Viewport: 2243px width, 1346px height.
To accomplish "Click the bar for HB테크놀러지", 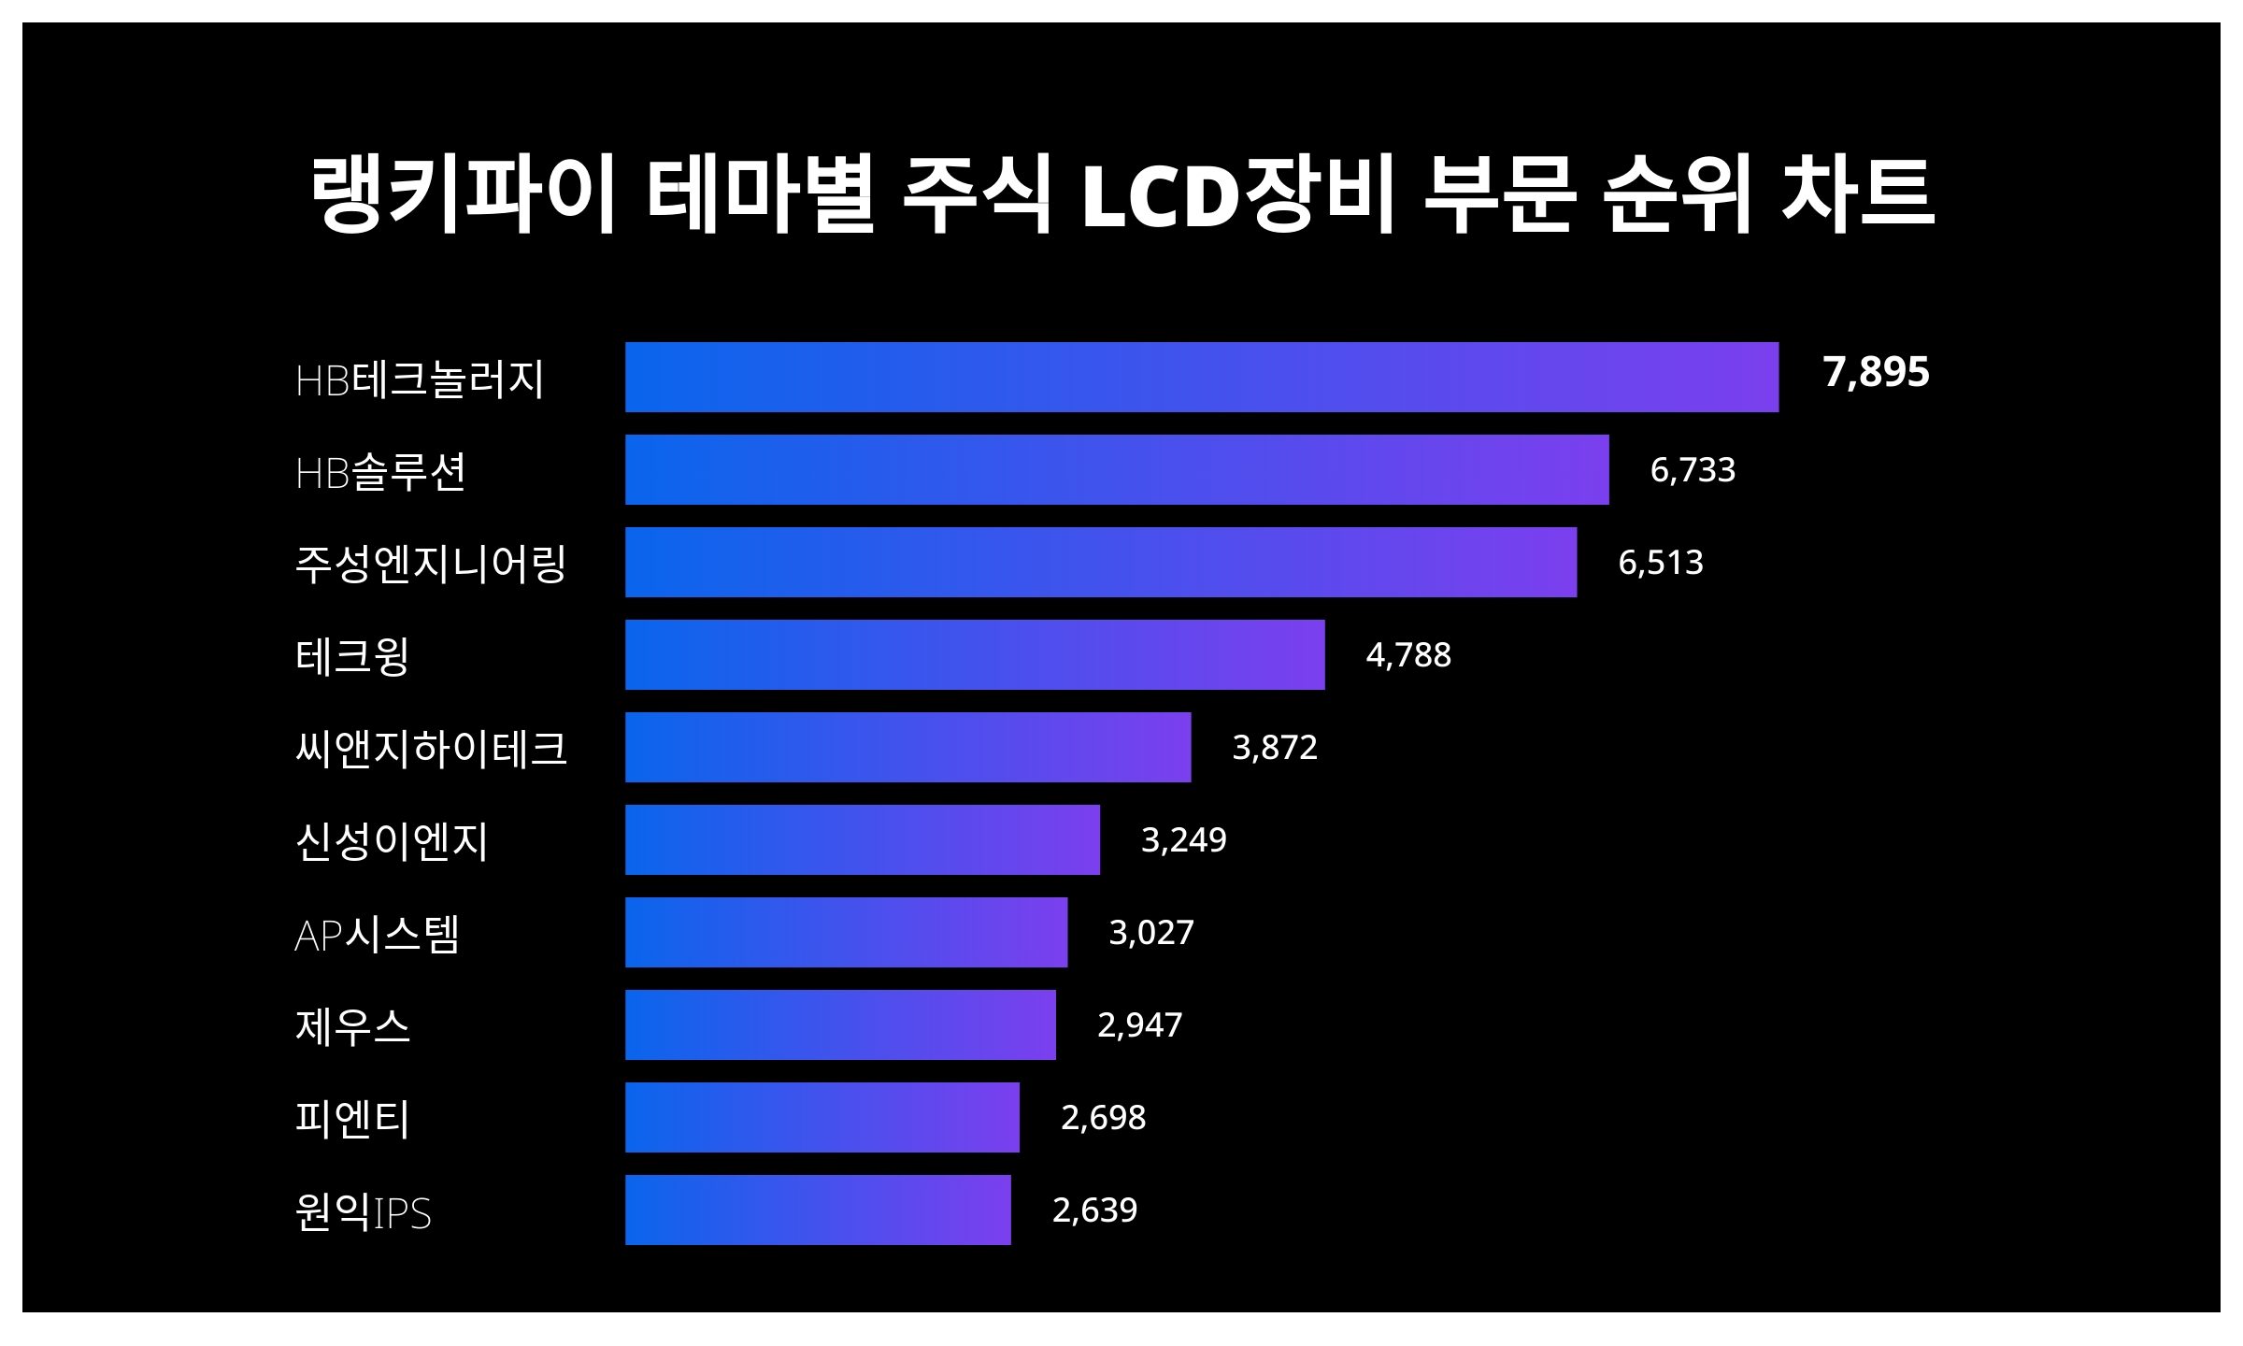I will coord(1201,377).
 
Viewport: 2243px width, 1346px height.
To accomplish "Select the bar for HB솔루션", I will coord(1117,469).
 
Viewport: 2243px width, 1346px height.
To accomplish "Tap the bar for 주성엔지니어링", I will coord(1100,562).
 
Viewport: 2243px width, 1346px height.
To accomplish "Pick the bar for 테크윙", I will coord(975,654).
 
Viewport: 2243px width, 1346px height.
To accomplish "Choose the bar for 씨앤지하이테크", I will coord(907,747).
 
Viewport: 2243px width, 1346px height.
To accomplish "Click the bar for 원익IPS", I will coord(818,1210).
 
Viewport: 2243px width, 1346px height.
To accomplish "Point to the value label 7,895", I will coord(1876,372).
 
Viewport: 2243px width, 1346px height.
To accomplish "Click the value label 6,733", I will coord(1693,469).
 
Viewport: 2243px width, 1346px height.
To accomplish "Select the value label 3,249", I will coord(1183,839).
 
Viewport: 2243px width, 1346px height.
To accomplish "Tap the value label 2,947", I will coord(1139,1024).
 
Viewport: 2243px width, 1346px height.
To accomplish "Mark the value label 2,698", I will coord(1103,1117).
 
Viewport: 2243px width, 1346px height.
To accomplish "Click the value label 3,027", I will coord(1150,932).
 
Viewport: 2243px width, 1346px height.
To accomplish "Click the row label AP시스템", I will coord(377,934).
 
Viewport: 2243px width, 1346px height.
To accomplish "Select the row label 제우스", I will coord(352,1026).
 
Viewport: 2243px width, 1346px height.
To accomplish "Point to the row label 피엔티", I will coord(352,1118).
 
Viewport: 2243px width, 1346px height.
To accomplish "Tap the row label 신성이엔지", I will coord(392,841).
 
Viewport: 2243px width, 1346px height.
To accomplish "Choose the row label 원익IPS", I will coord(363,1212).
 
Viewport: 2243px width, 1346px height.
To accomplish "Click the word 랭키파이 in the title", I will coord(463,194).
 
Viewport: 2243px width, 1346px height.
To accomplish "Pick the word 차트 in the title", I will coord(1858,194).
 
